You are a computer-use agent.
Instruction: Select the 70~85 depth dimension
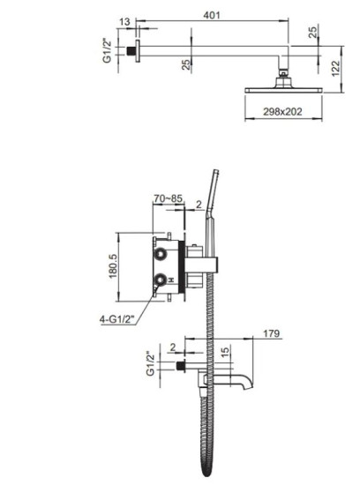tap(168, 199)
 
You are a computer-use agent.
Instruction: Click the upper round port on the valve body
tap(161, 254)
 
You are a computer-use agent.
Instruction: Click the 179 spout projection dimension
tap(272, 334)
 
